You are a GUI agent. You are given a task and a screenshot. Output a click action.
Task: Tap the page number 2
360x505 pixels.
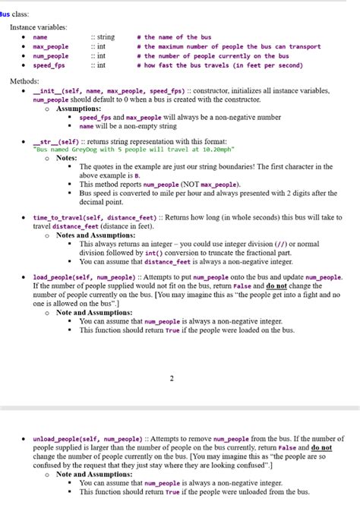point(172,378)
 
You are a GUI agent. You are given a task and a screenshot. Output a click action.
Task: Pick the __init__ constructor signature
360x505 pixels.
point(92,90)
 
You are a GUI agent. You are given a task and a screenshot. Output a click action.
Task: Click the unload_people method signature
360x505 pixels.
point(87,439)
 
